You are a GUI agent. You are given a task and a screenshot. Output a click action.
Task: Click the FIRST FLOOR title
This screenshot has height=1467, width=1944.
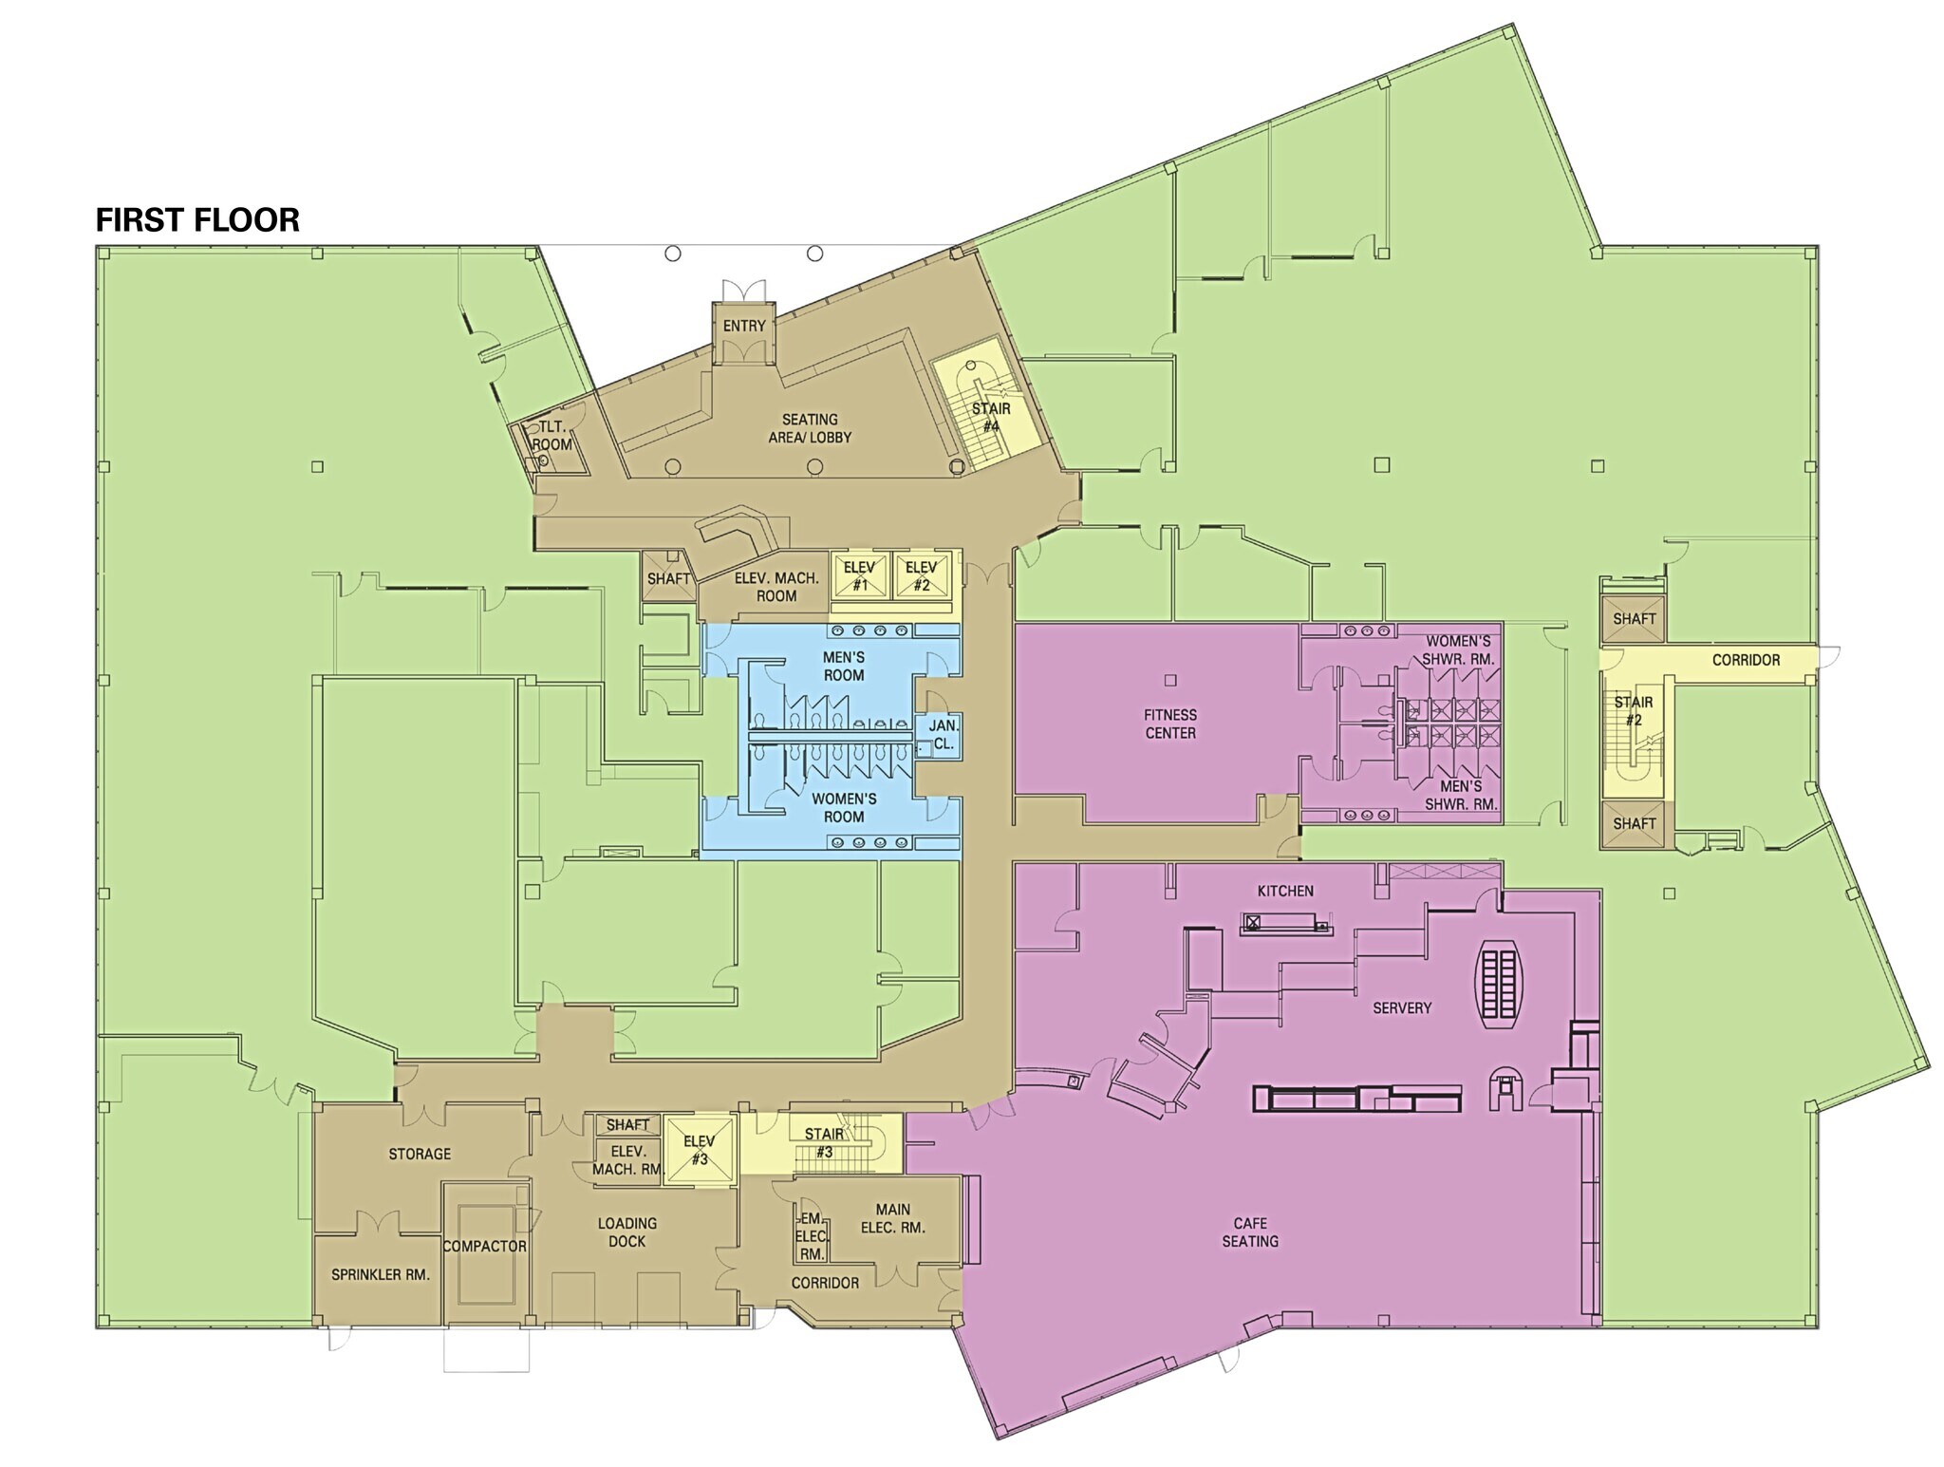click(197, 220)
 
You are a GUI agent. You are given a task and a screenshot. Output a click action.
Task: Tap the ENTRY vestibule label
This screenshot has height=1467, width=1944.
click(744, 326)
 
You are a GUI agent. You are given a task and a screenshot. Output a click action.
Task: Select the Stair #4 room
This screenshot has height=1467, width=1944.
click(990, 417)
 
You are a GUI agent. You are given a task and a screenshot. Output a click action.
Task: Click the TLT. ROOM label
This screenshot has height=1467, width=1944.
click(551, 436)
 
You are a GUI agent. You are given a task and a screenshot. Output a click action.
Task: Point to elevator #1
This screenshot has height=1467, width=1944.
click(859, 575)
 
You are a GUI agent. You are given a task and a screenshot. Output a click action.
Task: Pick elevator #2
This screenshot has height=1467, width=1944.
click(921, 575)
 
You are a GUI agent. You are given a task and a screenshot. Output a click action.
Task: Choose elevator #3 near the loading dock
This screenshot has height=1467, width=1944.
click(700, 1150)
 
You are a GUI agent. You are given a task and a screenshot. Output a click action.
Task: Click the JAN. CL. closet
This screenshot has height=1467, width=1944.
click(944, 735)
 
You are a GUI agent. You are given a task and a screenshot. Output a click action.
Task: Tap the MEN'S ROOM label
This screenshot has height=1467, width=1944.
click(844, 666)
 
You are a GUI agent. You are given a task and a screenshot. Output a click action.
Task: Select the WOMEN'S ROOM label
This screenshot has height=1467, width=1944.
click(844, 807)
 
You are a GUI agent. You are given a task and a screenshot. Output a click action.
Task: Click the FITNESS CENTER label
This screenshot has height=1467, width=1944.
click(1170, 724)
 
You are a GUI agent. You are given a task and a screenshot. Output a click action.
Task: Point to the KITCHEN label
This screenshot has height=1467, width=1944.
click(1285, 891)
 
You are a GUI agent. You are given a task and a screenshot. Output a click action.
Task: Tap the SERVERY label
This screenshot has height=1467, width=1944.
click(1402, 1007)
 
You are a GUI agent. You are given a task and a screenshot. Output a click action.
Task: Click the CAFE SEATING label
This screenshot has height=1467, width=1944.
click(1250, 1232)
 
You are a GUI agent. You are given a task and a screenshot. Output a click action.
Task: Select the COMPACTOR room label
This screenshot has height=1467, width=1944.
click(484, 1246)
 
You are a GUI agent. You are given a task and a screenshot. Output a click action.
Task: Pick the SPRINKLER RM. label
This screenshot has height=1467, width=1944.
click(381, 1274)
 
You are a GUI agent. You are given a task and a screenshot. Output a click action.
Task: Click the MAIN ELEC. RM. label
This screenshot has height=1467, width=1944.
click(892, 1218)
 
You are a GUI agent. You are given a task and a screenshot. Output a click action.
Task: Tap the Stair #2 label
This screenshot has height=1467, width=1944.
click(1634, 711)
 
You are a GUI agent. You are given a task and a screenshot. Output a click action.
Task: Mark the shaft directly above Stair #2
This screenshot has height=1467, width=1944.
click(1634, 619)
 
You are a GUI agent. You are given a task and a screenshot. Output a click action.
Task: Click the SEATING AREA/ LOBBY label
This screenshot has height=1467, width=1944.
click(810, 428)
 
